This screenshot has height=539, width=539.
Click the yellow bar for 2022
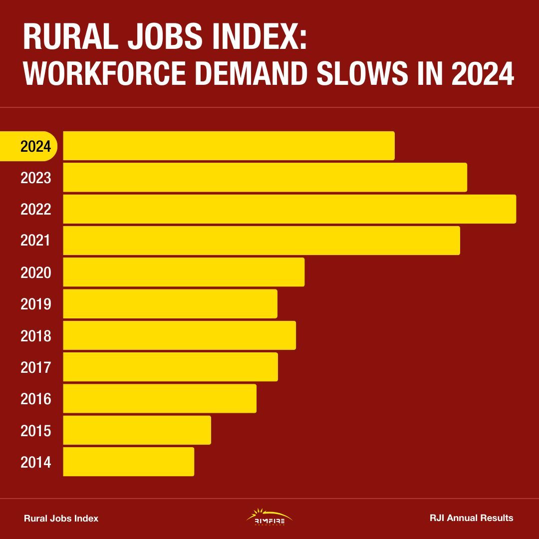point(289,209)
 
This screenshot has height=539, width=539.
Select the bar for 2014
point(129,462)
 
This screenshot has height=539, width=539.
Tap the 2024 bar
point(229,146)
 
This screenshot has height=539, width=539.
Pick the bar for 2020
point(184,272)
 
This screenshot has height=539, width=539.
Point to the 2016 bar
point(160,398)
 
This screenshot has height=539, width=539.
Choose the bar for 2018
point(180,335)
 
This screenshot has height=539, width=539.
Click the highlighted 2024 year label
point(36,146)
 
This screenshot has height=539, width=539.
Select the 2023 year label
point(36,178)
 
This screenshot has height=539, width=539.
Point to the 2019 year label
point(36,304)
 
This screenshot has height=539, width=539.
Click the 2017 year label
point(36,367)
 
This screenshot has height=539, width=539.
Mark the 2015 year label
point(36,430)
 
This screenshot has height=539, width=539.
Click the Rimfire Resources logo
point(269,518)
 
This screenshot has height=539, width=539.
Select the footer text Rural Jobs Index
point(61,519)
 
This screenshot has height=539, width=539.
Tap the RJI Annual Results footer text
point(471,518)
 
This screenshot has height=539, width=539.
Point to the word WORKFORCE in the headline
point(105,73)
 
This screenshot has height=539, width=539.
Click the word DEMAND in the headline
point(251,73)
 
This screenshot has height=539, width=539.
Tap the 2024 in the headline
point(483,73)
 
